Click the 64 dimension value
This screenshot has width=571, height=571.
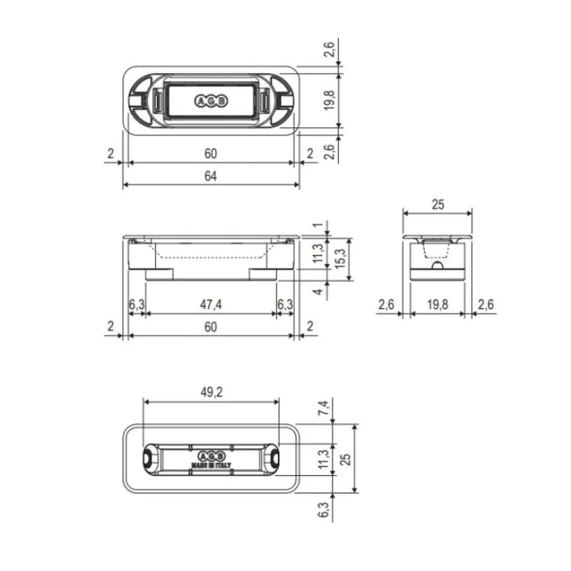[x=210, y=176]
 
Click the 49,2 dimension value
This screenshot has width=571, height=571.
[x=211, y=392]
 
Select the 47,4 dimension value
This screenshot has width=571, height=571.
[x=211, y=304]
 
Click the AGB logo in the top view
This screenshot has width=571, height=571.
[x=211, y=101]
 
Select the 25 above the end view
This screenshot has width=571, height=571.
[x=438, y=205]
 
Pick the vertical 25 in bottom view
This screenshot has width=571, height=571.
[x=346, y=458]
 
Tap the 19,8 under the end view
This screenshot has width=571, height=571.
[x=438, y=304]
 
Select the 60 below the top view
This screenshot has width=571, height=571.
[x=210, y=153]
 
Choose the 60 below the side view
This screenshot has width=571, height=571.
[x=210, y=327]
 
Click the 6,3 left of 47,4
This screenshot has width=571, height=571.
[x=137, y=304]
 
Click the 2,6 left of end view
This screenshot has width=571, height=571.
[x=386, y=304]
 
